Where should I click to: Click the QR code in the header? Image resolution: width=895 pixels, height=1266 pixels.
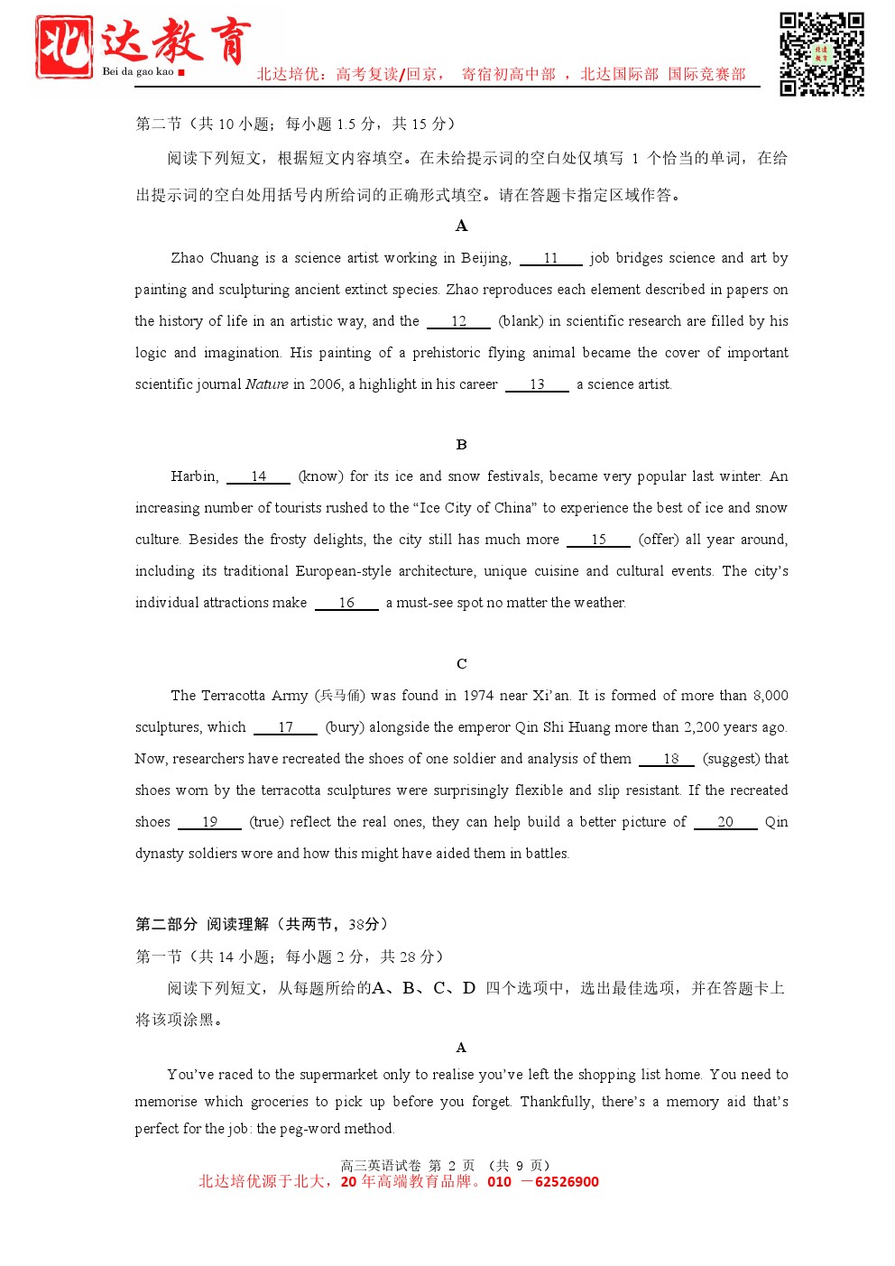[x=821, y=54]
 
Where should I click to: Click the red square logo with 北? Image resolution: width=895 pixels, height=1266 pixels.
[x=64, y=46]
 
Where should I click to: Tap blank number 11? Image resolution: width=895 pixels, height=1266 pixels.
[x=550, y=258]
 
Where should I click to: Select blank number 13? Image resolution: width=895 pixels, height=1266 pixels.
[x=537, y=384]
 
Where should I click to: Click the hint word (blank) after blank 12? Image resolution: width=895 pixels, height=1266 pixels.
[x=521, y=321]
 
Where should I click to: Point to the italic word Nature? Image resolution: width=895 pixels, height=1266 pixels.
[x=266, y=384]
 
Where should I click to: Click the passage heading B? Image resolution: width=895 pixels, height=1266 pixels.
[x=461, y=445]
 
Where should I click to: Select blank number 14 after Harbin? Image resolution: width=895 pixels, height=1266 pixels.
[x=258, y=476]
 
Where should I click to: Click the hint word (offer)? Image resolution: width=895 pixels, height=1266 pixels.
[x=658, y=540]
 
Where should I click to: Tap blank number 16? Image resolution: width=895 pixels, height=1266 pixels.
[x=346, y=603]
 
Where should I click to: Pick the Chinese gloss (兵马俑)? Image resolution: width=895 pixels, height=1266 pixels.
[x=340, y=696]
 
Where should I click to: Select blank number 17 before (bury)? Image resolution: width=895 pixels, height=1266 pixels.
[x=285, y=727]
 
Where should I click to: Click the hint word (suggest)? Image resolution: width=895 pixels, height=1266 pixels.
[x=731, y=759]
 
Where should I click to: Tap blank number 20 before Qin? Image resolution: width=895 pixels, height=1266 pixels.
[x=725, y=822]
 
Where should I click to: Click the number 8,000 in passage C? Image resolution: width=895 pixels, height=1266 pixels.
[x=770, y=696]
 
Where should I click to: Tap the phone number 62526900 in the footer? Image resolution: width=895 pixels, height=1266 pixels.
[x=567, y=1182]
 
